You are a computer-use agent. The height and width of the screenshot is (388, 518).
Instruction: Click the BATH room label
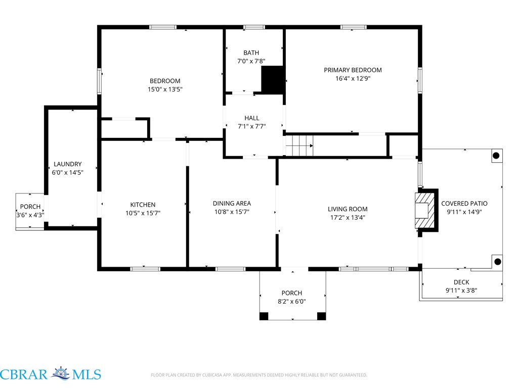point(251,53)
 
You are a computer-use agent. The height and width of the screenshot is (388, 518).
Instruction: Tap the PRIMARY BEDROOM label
point(353,70)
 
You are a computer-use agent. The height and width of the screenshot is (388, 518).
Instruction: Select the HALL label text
point(252,118)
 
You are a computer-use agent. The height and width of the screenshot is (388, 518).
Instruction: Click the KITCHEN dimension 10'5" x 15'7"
point(143,213)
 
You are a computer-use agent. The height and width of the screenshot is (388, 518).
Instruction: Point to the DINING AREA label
point(232,204)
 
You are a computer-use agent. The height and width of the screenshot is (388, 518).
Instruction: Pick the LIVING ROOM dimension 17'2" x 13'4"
point(348,217)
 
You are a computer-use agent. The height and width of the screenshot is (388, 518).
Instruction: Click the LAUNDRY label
point(67,164)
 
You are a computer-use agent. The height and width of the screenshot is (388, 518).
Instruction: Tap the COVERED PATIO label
point(464,204)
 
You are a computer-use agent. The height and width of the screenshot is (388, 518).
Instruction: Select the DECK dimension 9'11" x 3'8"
point(461,290)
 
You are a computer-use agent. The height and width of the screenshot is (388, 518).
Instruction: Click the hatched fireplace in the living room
point(424,211)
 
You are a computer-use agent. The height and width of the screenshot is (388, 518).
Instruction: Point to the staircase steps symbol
point(299,145)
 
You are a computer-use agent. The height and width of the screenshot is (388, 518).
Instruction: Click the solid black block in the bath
point(273,79)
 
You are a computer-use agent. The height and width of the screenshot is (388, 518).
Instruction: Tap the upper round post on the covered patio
point(496,156)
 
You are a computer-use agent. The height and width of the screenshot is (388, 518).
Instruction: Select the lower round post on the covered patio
point(498,262)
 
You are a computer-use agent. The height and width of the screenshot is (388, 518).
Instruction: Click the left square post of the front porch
point(264,316)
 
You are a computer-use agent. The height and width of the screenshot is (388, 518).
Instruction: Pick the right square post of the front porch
point(321,316)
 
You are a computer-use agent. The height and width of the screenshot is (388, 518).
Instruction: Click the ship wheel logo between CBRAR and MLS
point(60,373)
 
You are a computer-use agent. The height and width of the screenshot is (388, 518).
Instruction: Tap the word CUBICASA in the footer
point(213,375)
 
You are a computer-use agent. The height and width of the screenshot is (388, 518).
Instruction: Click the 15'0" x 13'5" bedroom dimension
point(165,89)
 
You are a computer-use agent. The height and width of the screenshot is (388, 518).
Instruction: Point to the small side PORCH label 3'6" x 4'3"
point(30,211)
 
